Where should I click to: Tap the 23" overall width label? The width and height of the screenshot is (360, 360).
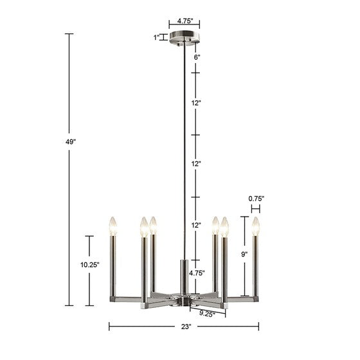pyautogui.click(x=186, y=327)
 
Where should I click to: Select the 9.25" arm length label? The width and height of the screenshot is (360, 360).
pyautogui.click(x=206, y=314)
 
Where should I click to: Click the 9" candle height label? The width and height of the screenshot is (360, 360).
pyautogui.click(x=244, y=255)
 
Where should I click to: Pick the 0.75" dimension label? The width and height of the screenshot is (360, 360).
pyautogui.click(x=256, y=199)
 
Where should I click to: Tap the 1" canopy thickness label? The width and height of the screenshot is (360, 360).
pyautogui.click(x=156, y=37)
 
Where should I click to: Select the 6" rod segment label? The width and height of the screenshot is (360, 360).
pyautogui.click(x=197, y=57)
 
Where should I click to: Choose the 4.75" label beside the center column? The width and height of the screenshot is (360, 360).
pyautogui.click(x=197, y=273)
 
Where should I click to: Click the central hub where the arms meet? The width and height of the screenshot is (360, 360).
pyautogui.click(x=184, y=298)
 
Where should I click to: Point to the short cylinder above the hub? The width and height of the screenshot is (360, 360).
pyautogui.click(x=184, y=273)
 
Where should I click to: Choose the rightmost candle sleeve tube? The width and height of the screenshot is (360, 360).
pyautogui.click(x=256, y=267)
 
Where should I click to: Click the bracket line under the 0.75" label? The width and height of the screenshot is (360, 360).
pyautogui.click(x=256, y=208)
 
